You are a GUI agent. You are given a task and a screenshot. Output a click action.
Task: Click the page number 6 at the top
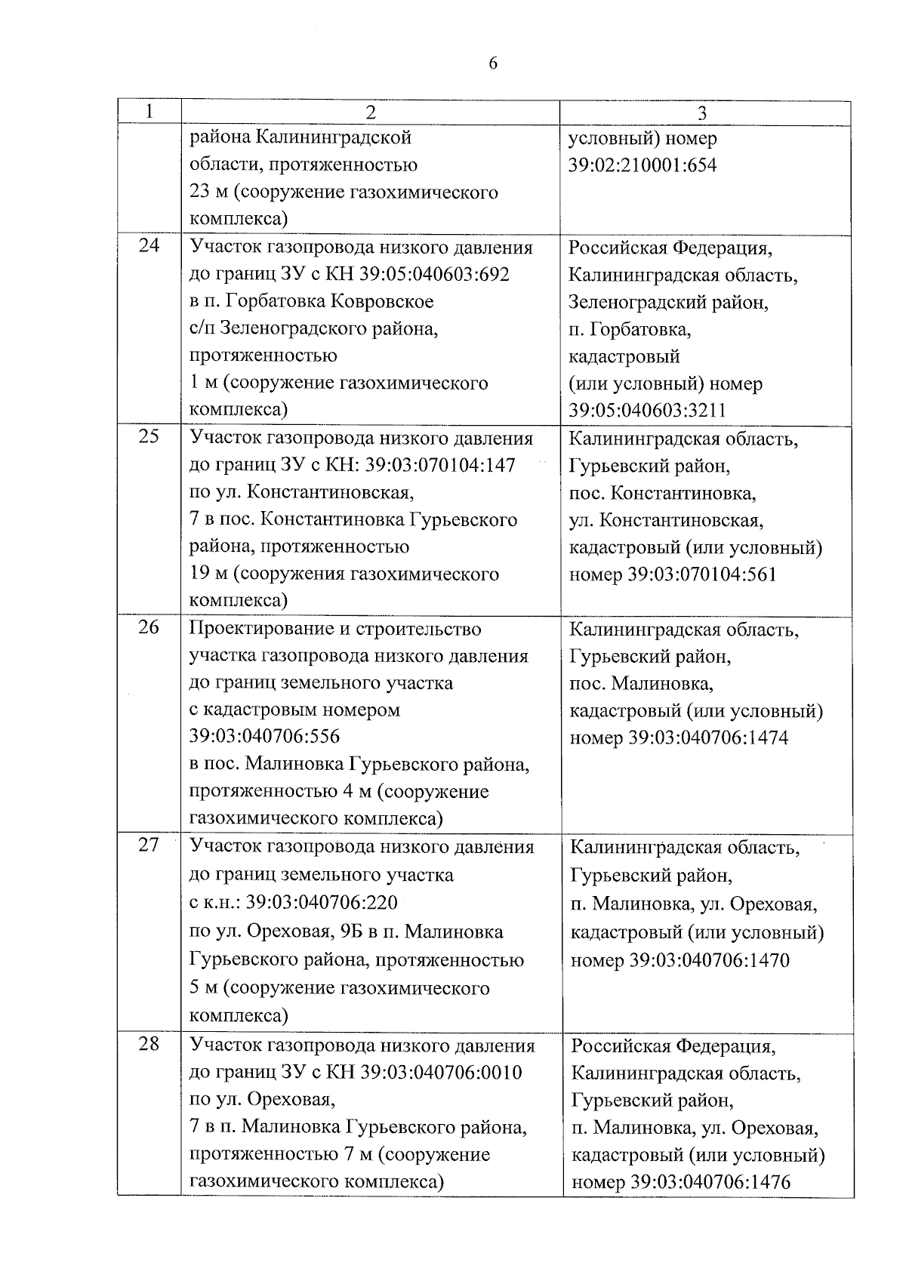click(493, 64)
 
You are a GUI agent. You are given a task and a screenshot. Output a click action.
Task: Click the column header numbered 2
click(370, 112)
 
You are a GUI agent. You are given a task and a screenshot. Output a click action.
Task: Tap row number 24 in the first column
click(149, 245)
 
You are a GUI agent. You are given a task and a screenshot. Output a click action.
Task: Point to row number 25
click(149, 436)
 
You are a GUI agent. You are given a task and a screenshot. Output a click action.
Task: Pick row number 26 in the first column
click(149, 627)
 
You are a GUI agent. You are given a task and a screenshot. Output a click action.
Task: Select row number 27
click(149, 845)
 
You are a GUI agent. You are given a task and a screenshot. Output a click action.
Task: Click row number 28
click(149, 1045)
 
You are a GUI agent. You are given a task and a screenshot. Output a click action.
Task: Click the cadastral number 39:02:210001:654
click(643, 165)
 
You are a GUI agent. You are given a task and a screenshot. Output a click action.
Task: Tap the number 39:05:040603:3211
click(647, 411)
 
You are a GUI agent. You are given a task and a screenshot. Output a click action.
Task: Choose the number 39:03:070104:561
click(702, 575)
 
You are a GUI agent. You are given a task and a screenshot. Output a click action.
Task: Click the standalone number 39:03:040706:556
click(264, 736)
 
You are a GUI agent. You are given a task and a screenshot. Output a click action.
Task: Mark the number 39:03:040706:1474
click(708, 737)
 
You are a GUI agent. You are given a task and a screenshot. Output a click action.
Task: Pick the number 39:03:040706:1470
click(709, 961)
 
